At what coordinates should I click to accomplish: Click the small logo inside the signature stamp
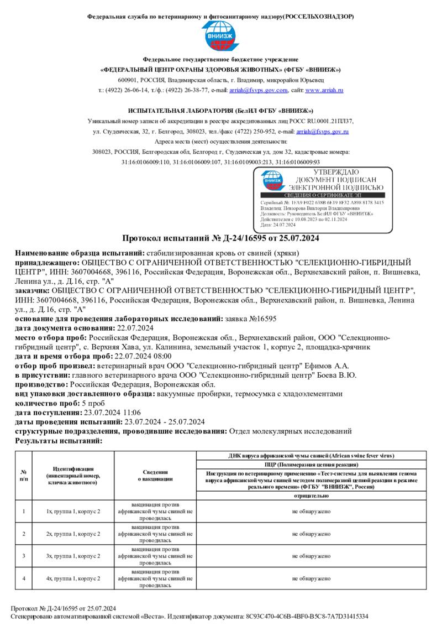pyautogui.click(x=272, y=180)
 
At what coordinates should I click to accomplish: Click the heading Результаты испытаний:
pyautogui.click(x=59, y=441)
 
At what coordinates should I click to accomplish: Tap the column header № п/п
pyautogui.click(x=24, y=476)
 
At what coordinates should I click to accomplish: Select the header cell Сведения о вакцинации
pyautogui.click(x=155, y=476)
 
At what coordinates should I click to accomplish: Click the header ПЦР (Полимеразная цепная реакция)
pyautogui.click(x=312, y=465)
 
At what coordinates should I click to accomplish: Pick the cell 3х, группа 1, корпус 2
pyautogui.click(x=73, y=555)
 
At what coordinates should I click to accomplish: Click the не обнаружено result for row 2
pyautogui.click(x=312, y=534)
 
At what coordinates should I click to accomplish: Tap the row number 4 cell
pyautogui.click(x=24, y=578)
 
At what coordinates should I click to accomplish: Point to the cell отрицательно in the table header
pyautogui.click(x=312, y=496)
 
